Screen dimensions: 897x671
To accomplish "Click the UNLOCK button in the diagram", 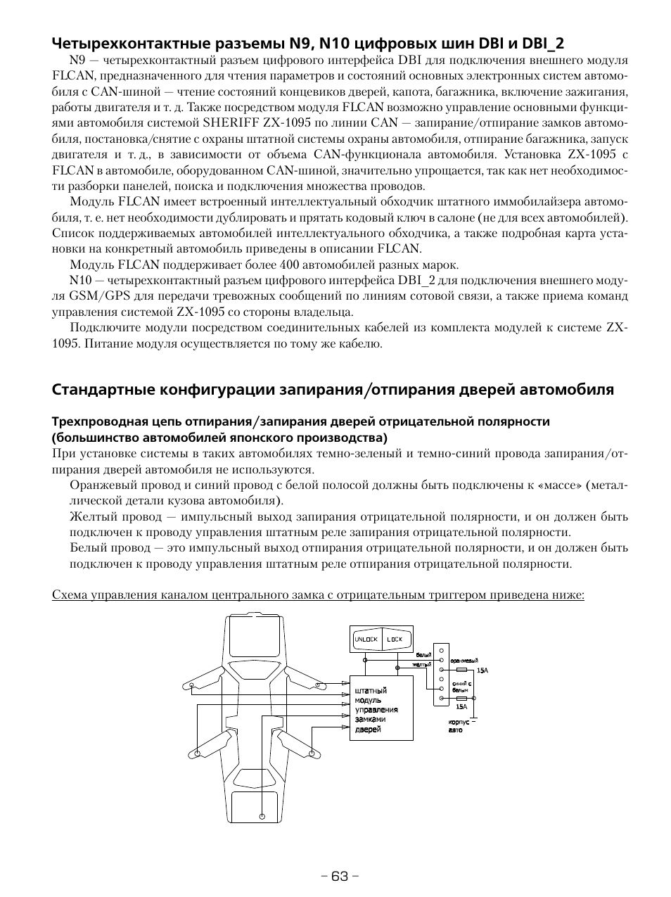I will pyautogui.click(x=366, y=639).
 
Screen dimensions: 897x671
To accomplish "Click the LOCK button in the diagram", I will pyautogui.click(x=395, y=639).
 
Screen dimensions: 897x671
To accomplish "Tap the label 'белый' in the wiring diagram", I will pyautogui.click(x=423, y=655).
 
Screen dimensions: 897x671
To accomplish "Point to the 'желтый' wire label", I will pyautogui.click(x=422, y=664).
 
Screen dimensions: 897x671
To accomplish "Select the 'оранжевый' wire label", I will pyautogui.click(x=464, y=661).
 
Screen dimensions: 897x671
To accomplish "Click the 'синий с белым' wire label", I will pyautogui.click(x=461, y=687).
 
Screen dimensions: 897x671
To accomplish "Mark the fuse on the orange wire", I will pyautogui.click(x=462, y=670).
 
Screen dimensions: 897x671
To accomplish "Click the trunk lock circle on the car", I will pyautogui.click(x=262, y=817).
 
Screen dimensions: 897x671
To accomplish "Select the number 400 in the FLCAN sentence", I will pyautogui.click(x=290, y=265).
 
